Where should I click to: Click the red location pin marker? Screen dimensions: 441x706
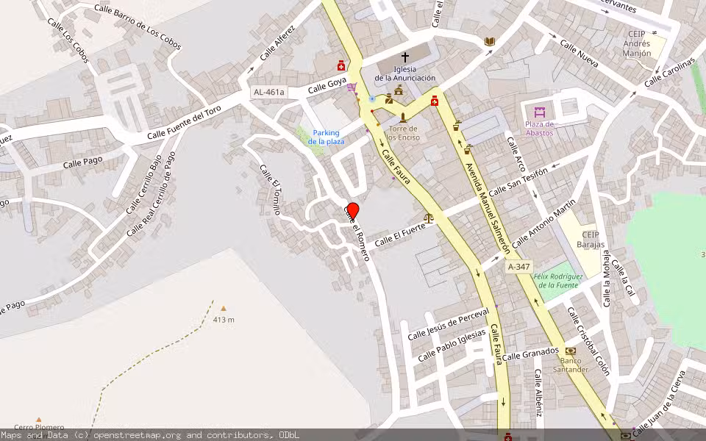[353, 211]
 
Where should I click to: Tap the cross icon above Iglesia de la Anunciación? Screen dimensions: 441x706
[404, 57]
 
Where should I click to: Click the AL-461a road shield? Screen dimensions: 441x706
[268, 93]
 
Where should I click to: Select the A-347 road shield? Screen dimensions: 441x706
[518, 267]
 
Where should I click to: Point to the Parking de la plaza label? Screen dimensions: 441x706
[324, 137]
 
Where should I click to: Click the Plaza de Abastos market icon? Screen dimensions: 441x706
[540, 112]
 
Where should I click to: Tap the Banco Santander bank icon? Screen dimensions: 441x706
[571, 351]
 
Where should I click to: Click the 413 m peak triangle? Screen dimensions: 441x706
[224, 309]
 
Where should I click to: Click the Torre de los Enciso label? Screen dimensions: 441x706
[402, 133]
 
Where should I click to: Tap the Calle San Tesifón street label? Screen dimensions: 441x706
[518, 182]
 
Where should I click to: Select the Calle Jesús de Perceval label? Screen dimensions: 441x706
[448, 324]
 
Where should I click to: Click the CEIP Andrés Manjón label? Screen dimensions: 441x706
[637, 43]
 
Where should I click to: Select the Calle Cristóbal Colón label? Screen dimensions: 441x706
[588, 341]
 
